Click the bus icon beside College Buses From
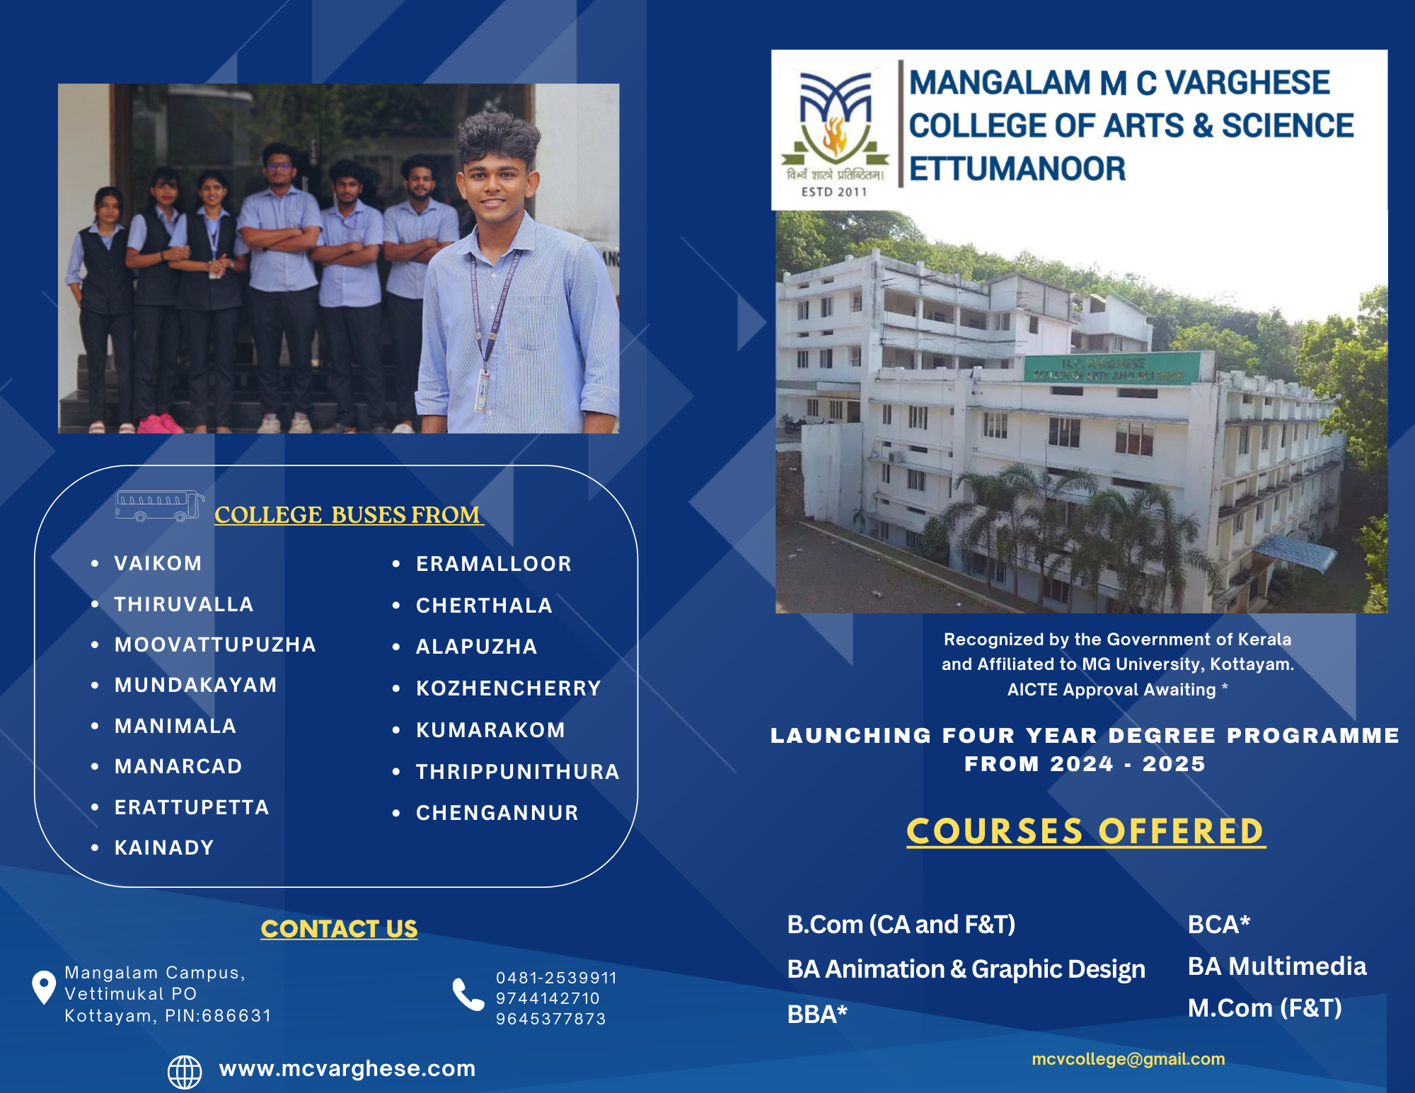point(160,506)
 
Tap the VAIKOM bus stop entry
point(158,563)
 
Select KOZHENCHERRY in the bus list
point(508,688)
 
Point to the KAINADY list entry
point(164,848)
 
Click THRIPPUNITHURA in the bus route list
point(517,772)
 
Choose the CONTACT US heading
point(339,928)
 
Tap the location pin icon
point(44,986)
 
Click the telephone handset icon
point(468,995)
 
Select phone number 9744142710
point(548,998)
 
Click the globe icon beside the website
point(185,1072)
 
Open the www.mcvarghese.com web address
point(347,1068)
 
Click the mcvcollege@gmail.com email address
point(1128,1059)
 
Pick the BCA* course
point(1219,924)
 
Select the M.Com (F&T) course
point(1264,1007)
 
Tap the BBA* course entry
point(817,1014)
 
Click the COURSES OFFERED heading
point(1086,831)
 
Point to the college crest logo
point(835,131)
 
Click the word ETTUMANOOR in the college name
point(1017,169)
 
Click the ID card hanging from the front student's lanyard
point(483,391)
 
